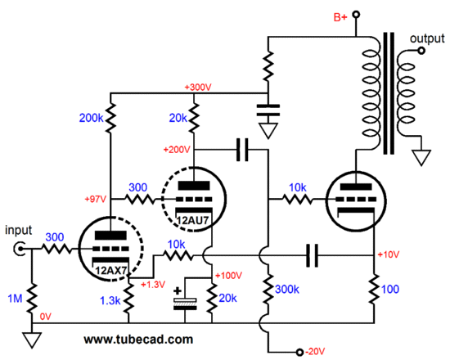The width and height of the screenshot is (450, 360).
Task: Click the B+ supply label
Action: [340, 17]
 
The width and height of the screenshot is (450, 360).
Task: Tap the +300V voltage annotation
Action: [198, 87]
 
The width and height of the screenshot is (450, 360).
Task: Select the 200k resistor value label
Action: [92, 118]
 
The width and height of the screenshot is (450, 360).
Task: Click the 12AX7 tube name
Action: [111, 271]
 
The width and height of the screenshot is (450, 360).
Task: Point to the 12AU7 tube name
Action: [192, 220]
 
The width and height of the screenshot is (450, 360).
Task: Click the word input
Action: [18, 231]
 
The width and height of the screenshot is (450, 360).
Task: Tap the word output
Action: [427, 38]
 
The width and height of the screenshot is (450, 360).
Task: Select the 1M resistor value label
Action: [15, 299]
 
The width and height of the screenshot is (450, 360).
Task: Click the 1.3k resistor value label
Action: [110, 300]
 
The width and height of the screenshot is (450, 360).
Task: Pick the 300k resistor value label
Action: [287, 290]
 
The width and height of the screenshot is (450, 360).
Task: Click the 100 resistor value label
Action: [390, 289]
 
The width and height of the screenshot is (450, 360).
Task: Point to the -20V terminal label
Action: [315, 351]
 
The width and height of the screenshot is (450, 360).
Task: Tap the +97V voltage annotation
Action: [96, 199]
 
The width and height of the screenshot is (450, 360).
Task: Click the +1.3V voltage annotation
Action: [153, 284]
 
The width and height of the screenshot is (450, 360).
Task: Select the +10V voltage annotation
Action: [389, 254]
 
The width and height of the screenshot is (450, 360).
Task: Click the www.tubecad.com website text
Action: [138, 340]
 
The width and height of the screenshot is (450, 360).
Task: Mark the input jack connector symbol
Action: [20, 250]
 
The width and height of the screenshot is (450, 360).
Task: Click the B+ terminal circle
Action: [356, 15]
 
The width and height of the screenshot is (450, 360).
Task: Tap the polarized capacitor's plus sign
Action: [178, 290]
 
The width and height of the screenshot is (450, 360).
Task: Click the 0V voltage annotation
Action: [45, 317]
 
